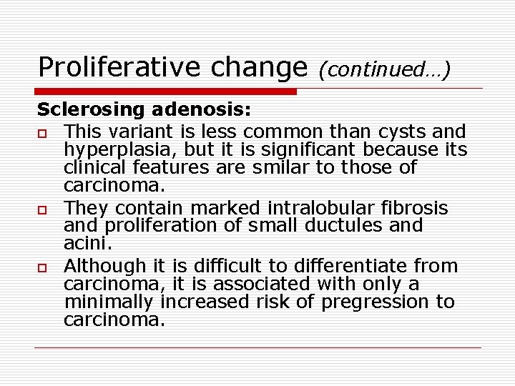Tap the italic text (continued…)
pos(385,69)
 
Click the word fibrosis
pos(416,208)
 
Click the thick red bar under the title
pos(167,91)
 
